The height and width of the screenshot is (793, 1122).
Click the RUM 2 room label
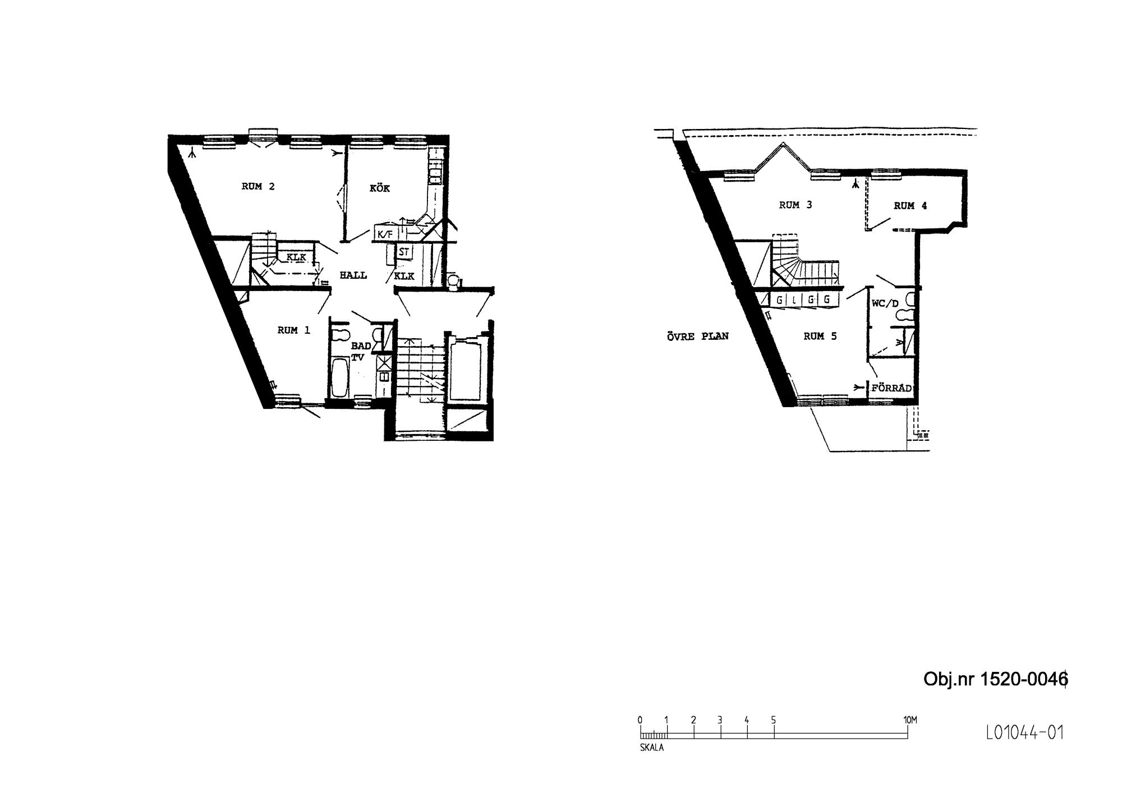pos(258,187)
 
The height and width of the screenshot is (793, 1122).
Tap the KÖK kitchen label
pos(380,188)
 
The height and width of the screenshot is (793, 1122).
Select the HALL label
pos(353,275)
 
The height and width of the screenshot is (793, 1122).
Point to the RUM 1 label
pos(293,331)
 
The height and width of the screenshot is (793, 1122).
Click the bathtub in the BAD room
pos(339,378)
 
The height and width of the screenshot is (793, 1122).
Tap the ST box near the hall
pos(404,252)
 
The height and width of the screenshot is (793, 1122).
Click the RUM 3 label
pos(795,205)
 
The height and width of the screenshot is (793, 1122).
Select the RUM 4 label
pos(911,206)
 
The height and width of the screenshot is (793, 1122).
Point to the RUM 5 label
pos(820,336)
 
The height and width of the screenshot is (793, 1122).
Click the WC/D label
pos(885,304)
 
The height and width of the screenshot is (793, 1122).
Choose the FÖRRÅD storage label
pos(892,388)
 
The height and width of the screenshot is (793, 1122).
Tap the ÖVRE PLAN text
pos(697,336)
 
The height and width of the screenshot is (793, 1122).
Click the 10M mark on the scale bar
pos(910,720)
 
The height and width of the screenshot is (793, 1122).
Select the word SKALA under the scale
pos(652,748)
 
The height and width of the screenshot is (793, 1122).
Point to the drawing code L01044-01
pos(1024,732)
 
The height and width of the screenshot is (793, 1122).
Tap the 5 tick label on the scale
pos(774,720)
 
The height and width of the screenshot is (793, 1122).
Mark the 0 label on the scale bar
pos(640,720)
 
